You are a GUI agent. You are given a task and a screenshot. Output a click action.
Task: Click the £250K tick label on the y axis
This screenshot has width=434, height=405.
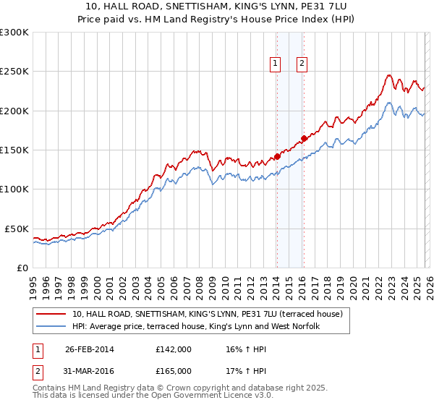14,72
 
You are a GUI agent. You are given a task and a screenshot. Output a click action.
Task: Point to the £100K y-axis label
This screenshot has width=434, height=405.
14,189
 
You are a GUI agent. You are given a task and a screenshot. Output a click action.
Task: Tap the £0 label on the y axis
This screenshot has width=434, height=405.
22,268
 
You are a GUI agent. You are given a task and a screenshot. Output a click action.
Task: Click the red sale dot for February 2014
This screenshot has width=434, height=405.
277,156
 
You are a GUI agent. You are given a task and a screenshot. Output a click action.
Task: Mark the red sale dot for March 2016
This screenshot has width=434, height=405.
304,138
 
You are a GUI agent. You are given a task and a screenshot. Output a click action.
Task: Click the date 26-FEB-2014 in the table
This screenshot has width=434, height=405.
89,349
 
